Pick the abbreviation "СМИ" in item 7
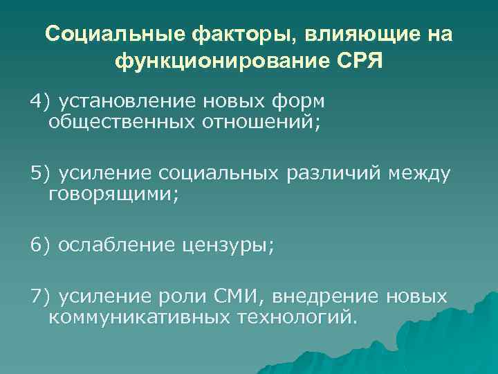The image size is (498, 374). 236,296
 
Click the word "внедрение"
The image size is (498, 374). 326,296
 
